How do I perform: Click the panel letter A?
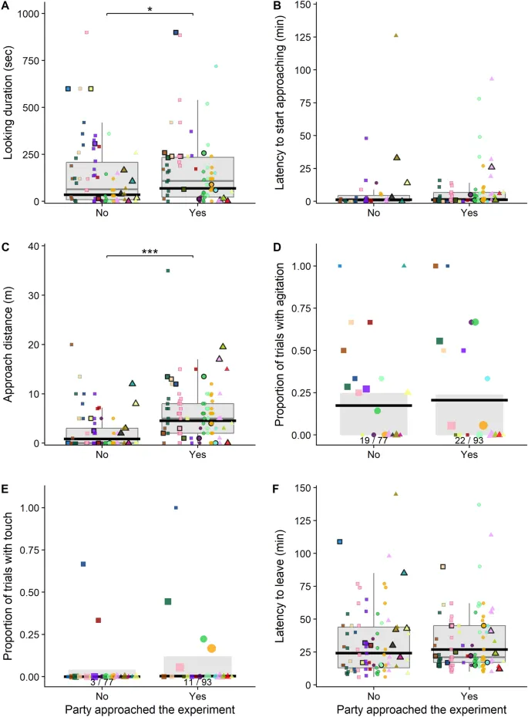pyautogui.click(x=8, y=8)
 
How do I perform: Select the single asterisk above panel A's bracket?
pyautogui.click(x=150, y=8)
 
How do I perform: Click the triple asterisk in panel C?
pyautogui.click(x=150, y=251)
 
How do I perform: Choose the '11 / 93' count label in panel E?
pyautogui.click(x=197, y=682)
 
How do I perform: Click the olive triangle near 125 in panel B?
pyautogui.click(x=396, y=35)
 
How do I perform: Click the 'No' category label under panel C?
pyautogui.click(x=102, y=454)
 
